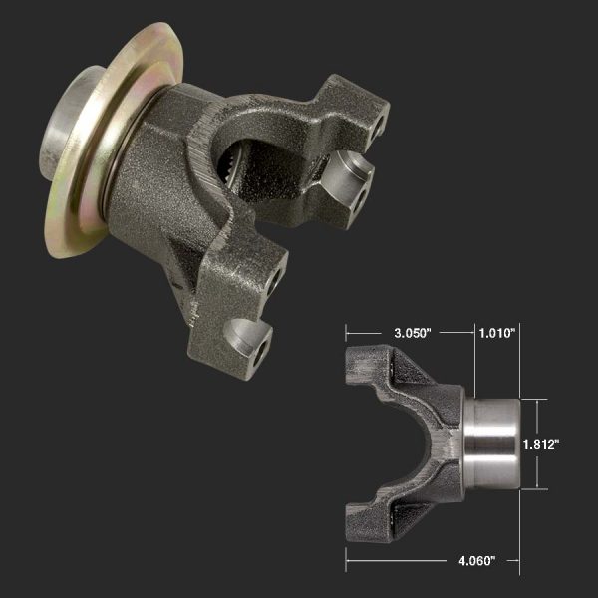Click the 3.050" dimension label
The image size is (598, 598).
(x=409, y=332)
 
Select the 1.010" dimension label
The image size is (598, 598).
(x=495, y=332)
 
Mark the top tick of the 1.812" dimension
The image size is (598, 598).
(x=538, y=399)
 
